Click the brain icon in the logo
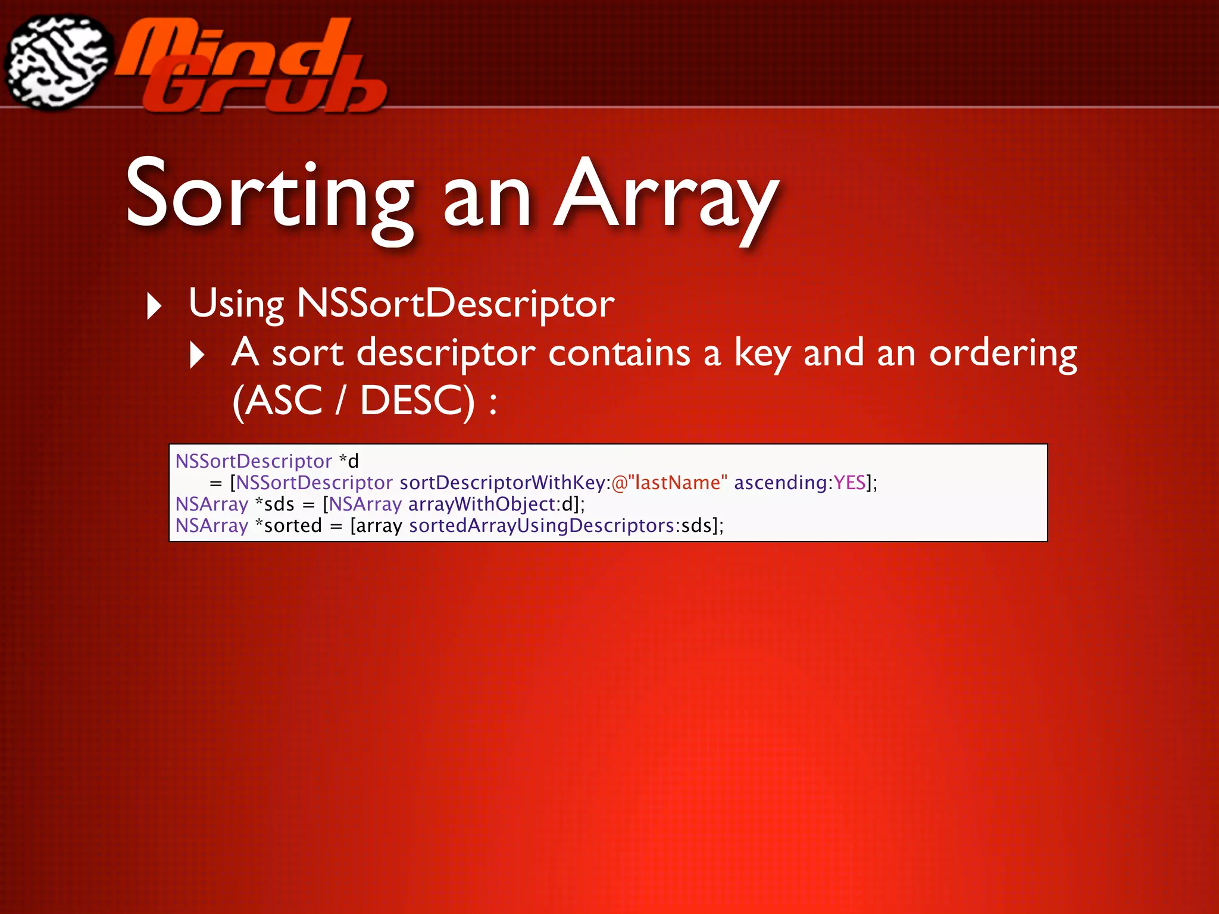click(x=58, y=62)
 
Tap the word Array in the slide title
click(x=666, y=196)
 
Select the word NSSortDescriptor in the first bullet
click(x=455, y=303)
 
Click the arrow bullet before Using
click(x=154, y=306)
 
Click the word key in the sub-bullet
click(x=762, y=353)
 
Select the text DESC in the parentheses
click(x=417, y=400)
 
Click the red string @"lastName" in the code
click(x=669, y=483)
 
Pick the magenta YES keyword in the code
click(x=849, y=483)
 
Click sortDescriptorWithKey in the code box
click(x=502, y=483)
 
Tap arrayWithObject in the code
click(x=482, y=504)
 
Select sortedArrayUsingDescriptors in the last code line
click(x=542, y=525)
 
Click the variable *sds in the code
click(x=275, y=504)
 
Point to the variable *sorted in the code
click(x=289, y=525)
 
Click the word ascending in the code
click(x=780, y=483)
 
